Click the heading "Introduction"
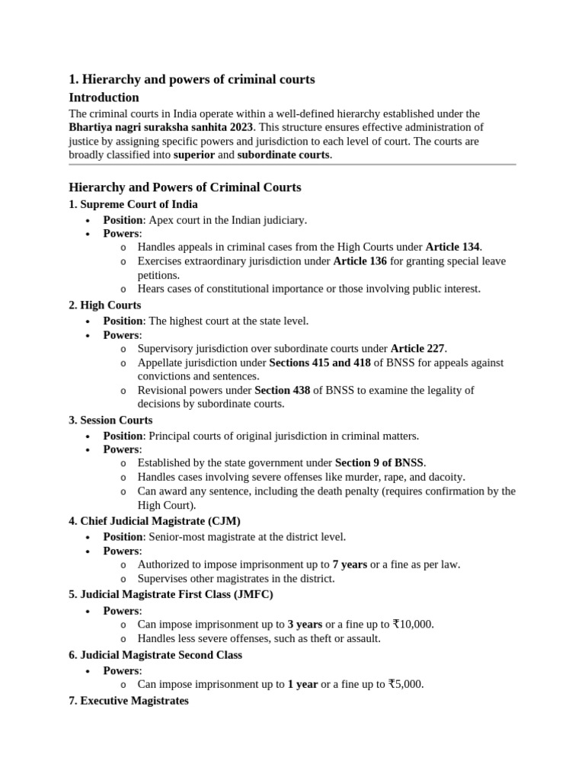(104, 97)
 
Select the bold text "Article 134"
(453, 248)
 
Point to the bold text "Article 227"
(418, 349)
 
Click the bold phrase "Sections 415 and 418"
(320, 363)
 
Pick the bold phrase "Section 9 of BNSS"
(380, 462)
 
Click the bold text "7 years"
(350, 564)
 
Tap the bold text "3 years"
(305, 624)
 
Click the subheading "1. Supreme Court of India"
(133, 204)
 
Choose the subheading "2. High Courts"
(104, 305)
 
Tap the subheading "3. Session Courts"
(110, 420)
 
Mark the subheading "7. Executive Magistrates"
(129, 700)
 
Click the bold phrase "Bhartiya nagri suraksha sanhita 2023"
(161, 127)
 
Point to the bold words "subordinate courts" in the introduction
(283, 155)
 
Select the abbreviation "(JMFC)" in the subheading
(252, 594)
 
